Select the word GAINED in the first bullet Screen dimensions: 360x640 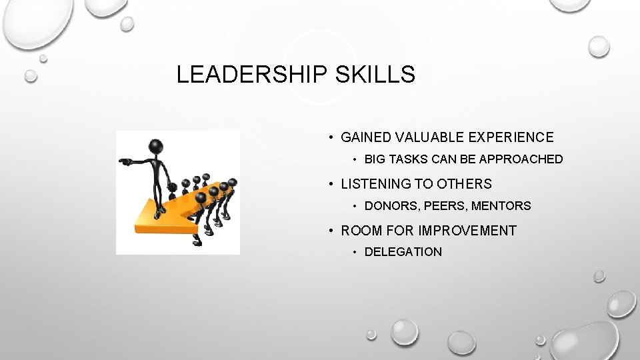point(366,137)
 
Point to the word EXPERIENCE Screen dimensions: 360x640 point(514,137)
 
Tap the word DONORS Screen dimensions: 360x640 point(390,206)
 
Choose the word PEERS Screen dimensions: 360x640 point(442,206)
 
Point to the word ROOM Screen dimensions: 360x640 point(361,231)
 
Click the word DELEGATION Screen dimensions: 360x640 point(403,252)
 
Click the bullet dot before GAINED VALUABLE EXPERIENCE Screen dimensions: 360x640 point(331,138)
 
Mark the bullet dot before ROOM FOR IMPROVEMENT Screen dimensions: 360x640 point(331,231)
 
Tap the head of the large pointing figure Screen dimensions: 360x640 point(156,146)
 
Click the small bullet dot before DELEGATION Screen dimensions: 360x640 point(356,252)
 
